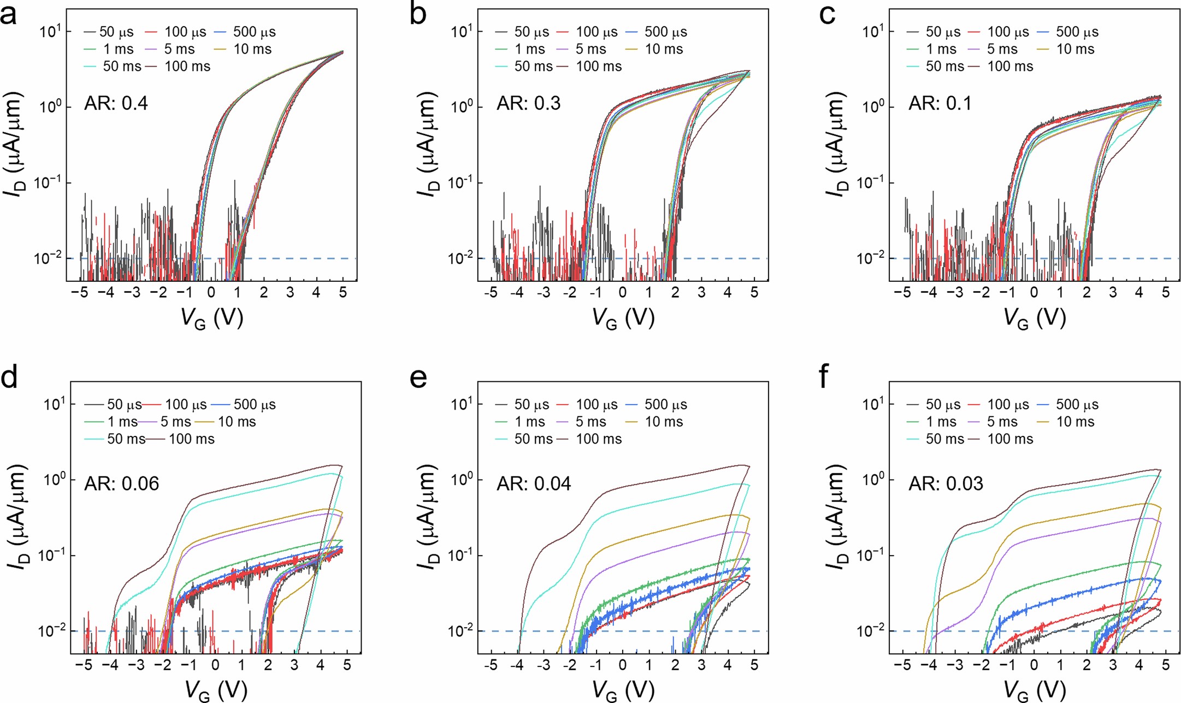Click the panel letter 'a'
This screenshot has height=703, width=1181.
point(9,15)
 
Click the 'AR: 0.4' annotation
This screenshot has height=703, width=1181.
point(116,103)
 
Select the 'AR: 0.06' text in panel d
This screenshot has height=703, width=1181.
point(121,483)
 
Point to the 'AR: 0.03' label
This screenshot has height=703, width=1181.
point(945,483)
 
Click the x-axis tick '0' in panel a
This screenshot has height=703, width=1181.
point(211,293)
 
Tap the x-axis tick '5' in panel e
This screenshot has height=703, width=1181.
point(754,665)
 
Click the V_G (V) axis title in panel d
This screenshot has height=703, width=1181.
point(216,691)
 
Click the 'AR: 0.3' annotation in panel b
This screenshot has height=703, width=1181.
point(528,103)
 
